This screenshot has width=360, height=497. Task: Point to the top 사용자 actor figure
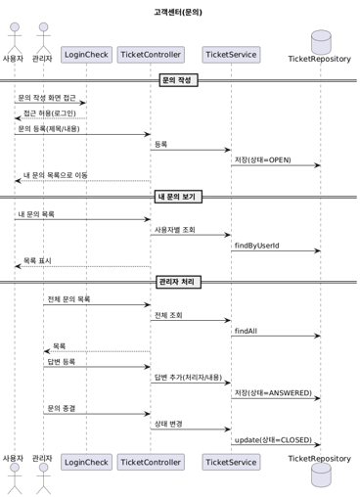coord(14,45)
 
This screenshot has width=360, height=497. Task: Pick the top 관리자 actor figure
coord(42,45)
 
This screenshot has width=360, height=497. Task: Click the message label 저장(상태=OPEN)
coord(263,159)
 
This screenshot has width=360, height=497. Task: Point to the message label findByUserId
coord(259,245)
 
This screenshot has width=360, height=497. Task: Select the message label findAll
coord(247,331)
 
